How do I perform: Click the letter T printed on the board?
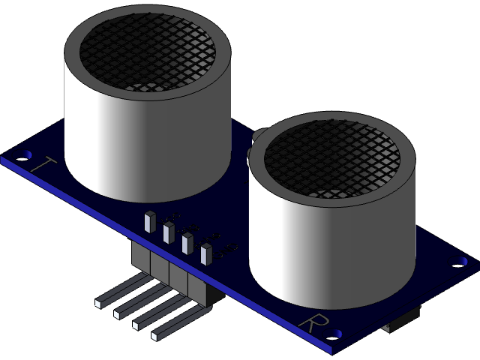tap(43, 164)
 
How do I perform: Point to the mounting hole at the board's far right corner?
tap(459, 263)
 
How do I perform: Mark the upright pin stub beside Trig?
tap(168, 232)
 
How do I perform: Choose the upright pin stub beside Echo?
tap(187, 244)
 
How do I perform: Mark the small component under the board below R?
tap(397, 324)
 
